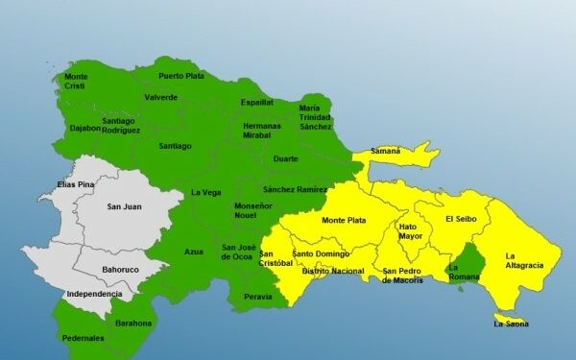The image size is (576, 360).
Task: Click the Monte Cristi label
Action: coord(75,81)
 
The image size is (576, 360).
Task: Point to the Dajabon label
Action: coord(84,128)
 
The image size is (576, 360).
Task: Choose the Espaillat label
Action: coord(257,101)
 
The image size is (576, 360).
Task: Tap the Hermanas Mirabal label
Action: coord(262,131)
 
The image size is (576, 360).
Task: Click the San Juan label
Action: coord(124,205)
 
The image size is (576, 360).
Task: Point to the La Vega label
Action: coord(205,192)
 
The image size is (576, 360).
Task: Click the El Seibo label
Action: coord(461,219)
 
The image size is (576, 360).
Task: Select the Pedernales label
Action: coord(84,338)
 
